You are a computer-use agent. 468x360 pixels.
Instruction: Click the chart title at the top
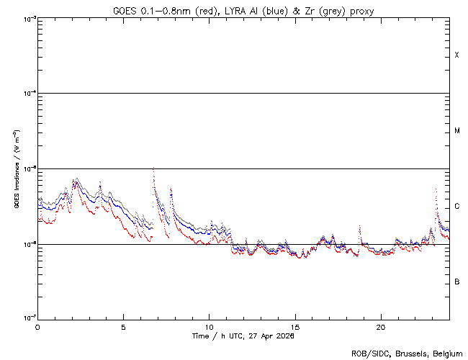point(243,11)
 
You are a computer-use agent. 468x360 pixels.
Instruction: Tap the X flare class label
point(456,55)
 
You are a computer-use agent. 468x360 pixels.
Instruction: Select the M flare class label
point(456,131)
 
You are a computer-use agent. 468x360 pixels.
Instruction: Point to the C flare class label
point(456,207)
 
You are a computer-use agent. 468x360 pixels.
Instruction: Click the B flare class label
point(456,282)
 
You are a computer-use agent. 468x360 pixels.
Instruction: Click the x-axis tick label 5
point(123,326)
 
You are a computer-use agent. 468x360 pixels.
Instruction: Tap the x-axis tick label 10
point(210,326)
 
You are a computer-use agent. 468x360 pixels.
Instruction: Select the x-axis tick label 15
point(295,326)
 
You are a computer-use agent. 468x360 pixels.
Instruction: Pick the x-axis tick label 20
point(381,326)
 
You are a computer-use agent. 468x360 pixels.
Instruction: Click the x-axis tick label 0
point(37,326)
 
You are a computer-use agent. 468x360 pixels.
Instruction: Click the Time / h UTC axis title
point(243,336)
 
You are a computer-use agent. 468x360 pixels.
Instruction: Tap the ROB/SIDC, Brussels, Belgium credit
point(407,353)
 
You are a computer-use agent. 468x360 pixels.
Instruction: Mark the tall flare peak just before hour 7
point(153,168)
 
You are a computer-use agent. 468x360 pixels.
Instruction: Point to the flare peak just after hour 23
point(436,189)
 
